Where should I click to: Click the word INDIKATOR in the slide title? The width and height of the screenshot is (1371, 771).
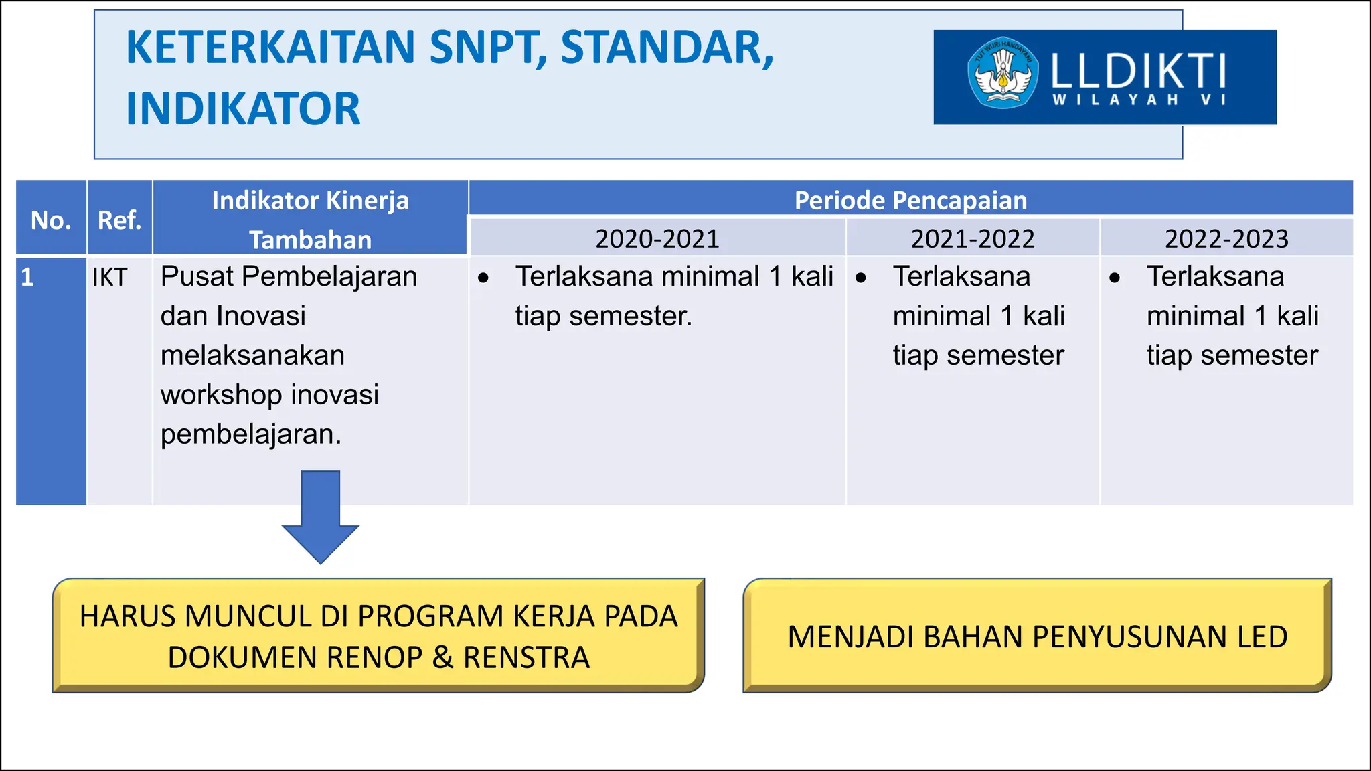coord(243,109)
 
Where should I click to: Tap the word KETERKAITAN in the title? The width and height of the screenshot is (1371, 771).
coord(270,48)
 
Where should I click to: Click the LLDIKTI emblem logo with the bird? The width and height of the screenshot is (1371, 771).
coord(1002,73)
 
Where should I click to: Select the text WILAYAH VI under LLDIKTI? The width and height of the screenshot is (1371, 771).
coord(1139,100)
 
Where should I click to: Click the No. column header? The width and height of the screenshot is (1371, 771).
coord(51,220)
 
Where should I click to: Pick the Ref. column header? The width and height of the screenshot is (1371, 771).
coord(119,220)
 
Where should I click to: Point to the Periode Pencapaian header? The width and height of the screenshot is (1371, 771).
coord(910,200)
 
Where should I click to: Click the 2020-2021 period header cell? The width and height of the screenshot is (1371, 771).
coord(657,238)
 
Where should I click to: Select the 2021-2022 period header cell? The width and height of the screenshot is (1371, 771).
coord(972,238)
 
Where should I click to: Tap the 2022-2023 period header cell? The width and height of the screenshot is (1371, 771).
coord(1226,238)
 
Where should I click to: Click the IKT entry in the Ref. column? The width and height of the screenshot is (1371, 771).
coord(110,277)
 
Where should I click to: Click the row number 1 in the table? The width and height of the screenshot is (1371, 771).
coord(27,277)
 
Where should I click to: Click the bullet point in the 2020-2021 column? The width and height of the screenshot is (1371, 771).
coord(483,278)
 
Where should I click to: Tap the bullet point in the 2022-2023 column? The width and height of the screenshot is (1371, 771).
coord(1115,278)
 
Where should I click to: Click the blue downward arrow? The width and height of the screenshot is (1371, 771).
coord(321,515)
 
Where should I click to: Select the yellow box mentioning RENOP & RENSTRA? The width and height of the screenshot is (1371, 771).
coord(378,636)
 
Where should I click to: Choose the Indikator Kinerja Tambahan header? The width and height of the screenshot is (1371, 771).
coord(310,220)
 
